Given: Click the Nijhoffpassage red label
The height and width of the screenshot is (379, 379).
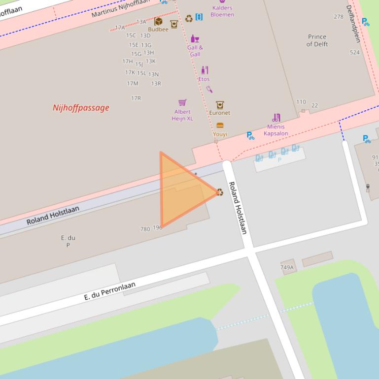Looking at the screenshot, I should pyautogui.click(x=81, y=108).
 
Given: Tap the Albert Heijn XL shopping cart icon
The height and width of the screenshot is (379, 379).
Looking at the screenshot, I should pyautogui.click(x=182, y=102).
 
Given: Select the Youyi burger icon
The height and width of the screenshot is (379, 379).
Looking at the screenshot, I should pyautogui.click(x=220, y=126).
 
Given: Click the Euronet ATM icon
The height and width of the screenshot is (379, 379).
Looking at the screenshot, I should pyautogui.click(x=220, y=105).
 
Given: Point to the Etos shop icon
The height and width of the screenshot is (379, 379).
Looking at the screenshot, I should pyautogui.click(x=205, y=70).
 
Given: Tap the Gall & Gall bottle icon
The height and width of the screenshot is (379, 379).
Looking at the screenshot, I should pyautogui.click(x=195, y=39).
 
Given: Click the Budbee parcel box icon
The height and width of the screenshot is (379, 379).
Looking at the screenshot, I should pyautogui.click(x=158, y=21).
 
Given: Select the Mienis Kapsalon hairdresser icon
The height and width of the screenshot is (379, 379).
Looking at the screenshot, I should pyautogui.click(x=276, y=118).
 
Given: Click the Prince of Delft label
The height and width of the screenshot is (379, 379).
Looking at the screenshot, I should pyautogui.click(x=317, y=40).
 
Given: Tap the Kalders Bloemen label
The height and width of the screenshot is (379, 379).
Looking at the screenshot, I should pyautogui.click(x=222, y=11).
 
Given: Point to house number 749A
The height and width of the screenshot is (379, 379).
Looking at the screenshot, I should pyautogui.click(x=287, y=268).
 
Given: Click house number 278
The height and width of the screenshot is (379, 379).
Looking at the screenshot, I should pyautogui.click(x=339, y=17).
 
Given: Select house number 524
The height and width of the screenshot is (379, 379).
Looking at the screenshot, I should pyautogui.click(x=355, y=53).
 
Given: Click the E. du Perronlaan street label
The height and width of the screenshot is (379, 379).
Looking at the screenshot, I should pyautogui.click(x=109, y=291).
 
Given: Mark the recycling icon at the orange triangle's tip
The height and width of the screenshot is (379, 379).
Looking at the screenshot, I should pyautogui.click(x=220, y=192).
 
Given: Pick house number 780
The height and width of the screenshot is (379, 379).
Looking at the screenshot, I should pyautogui.click(x=145, y=229).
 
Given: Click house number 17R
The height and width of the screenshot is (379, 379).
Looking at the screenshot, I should pyautogui.click(x=136, y=98).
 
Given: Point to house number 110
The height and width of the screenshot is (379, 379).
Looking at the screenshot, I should pyautogui.click(x=301, y=102).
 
